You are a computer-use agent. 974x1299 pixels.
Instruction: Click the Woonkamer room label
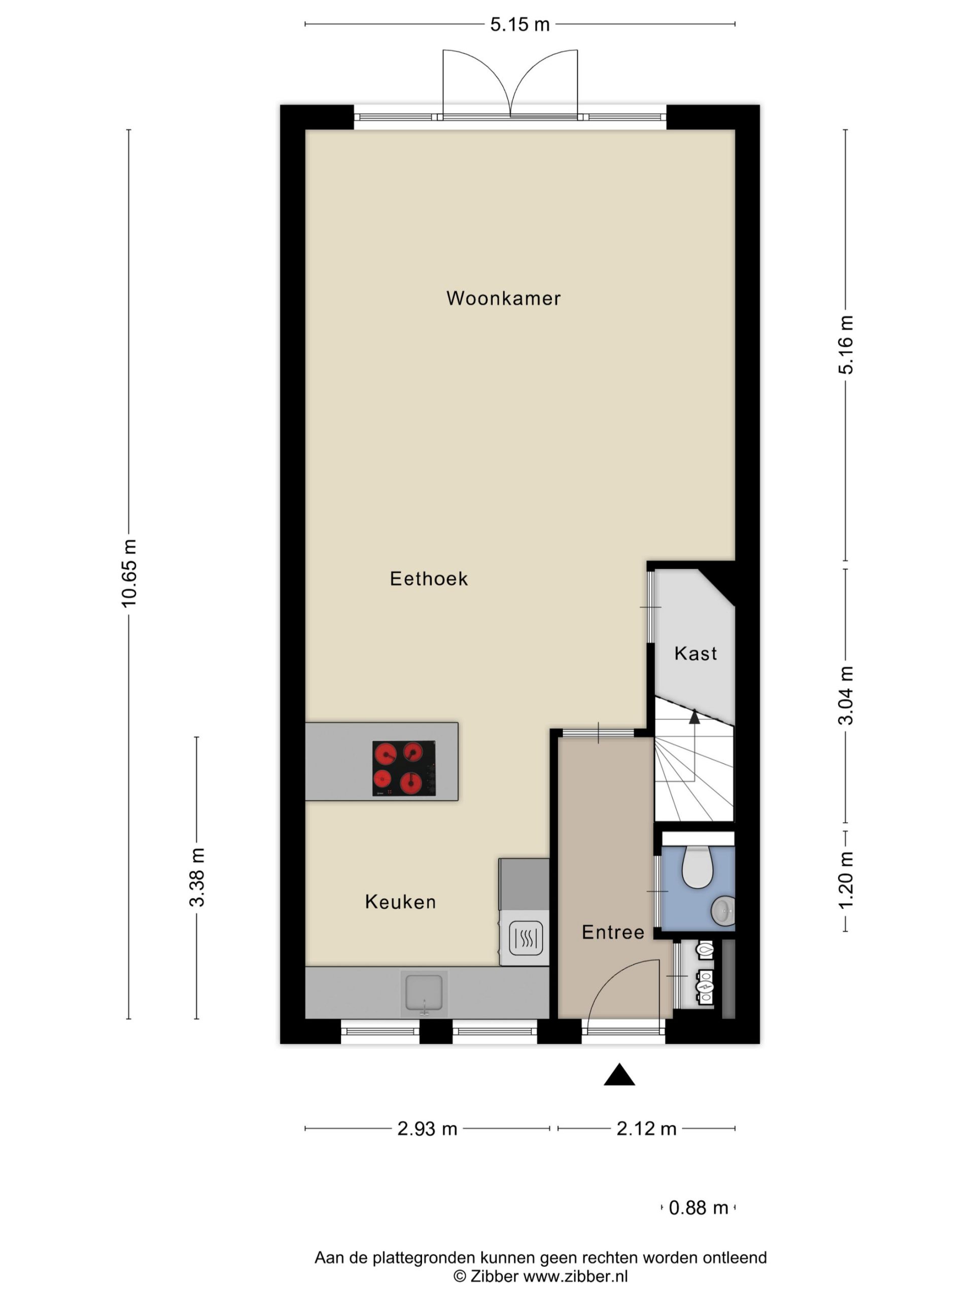tap(503, 298)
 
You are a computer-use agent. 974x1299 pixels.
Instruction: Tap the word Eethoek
tap(429, 578)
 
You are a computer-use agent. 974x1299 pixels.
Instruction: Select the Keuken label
tap(400, 901)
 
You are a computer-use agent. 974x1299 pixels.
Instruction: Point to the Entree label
tap(613, 932)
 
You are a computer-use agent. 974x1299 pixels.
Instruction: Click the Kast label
tap(695, 653)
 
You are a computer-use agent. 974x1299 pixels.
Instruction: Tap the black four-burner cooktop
tap(404, 768)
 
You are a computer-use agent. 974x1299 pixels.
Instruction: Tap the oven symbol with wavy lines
tap(526, 938)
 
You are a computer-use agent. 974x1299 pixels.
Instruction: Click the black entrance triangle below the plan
tap(619, 1074)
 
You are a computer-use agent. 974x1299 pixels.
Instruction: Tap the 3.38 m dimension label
tap(197, 877)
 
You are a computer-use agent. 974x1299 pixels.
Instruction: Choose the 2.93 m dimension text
tap(427, 1129)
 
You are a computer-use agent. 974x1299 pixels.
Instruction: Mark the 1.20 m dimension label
tap(846, 880)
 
